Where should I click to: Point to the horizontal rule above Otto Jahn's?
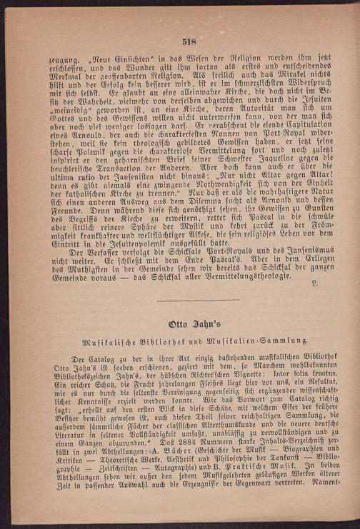tap(187, 301)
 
